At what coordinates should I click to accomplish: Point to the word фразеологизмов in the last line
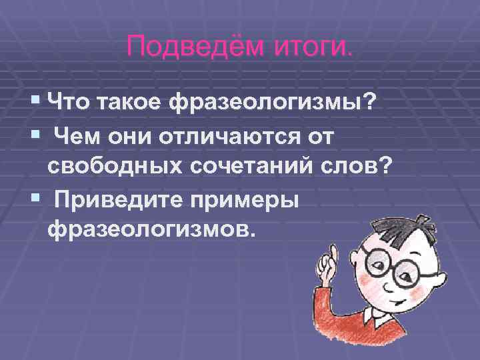[151, 231]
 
